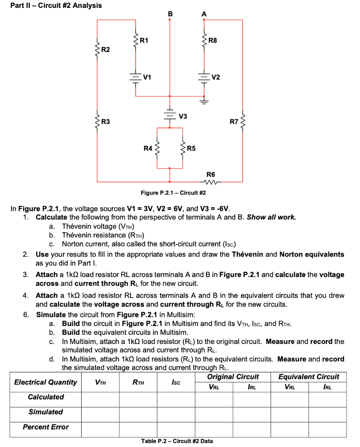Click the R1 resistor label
[x=144, y=41]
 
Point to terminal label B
[x=170, y=14]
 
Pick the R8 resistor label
[x=213, y=41]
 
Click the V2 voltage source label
[x=216, y=78]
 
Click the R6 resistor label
[x=211, y=174]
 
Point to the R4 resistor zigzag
[x=157, y=148]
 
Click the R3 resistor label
[x=106, y=121]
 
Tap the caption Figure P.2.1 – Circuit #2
[x=173, y=193]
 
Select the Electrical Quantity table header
[x=45, y=382]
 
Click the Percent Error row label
[x=45, y=427]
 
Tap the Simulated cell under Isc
[x=175, y=412]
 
